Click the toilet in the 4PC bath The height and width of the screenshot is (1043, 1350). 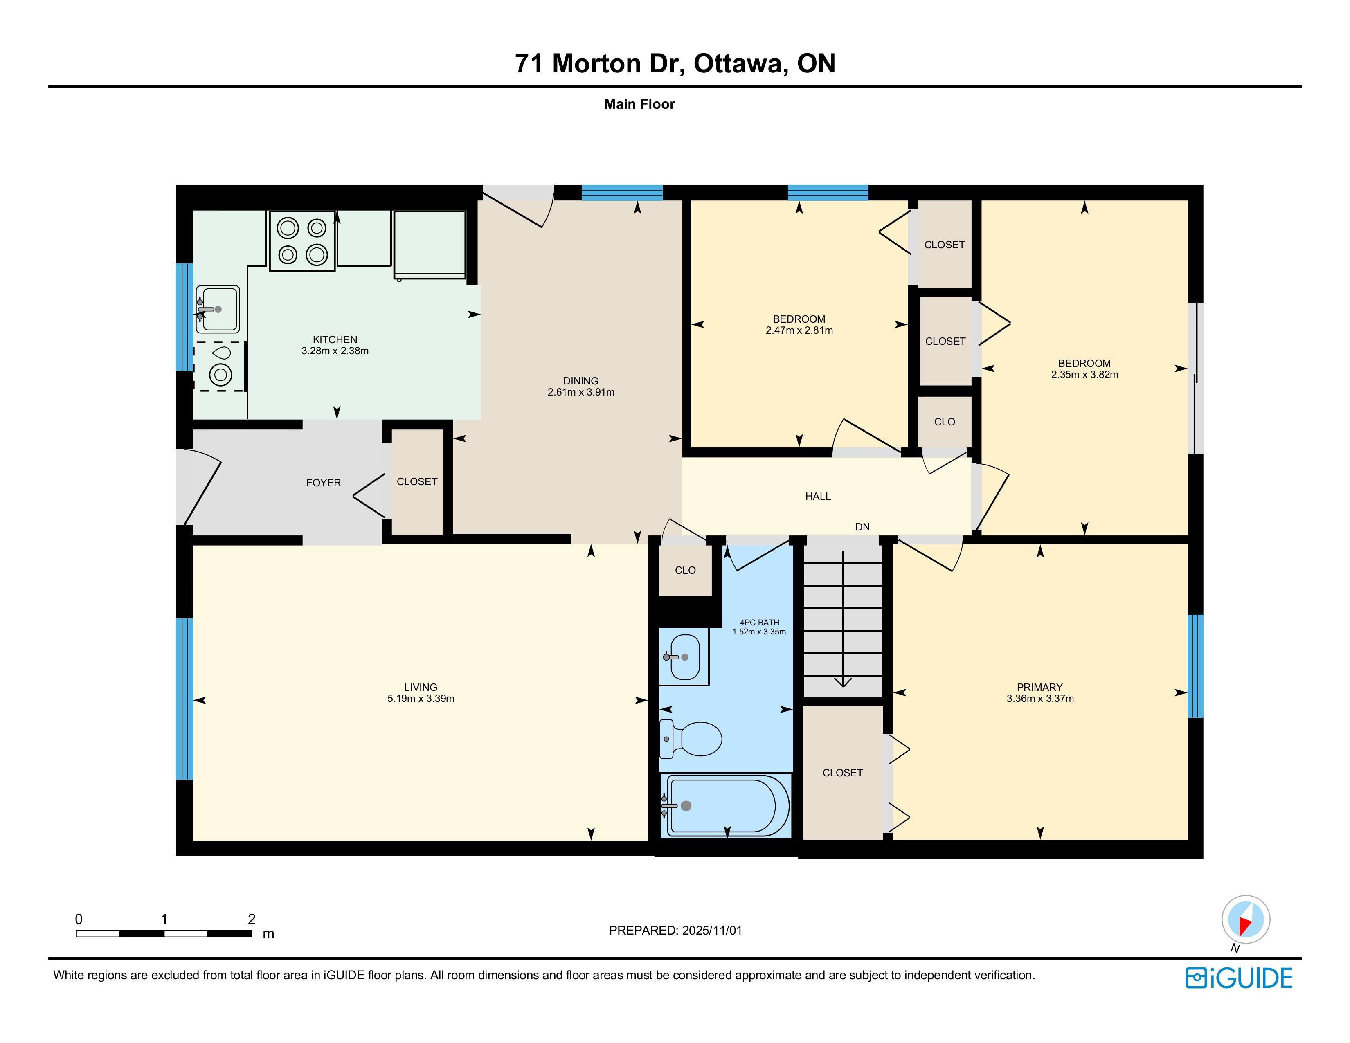(x=691, y=738)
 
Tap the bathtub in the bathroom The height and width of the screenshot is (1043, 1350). (x=726, y=805)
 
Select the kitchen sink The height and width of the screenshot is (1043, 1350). (x=218, y=309)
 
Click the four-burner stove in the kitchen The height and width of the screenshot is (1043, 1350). (x=302, y=241)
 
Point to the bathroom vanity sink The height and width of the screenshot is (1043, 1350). (x=683, y=656)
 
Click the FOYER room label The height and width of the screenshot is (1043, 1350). (x=323, y=483)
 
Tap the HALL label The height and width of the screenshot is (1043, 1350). (x=818, y=496)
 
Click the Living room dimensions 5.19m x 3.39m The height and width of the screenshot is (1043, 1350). (x=421, y=699)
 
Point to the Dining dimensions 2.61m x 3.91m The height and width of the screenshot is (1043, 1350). (x=581, y=392)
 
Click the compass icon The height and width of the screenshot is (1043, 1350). (x=1246, y=919)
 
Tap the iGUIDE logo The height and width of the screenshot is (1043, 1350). (x=1239, y=978)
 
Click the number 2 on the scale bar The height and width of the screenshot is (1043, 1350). (x=252, y=919)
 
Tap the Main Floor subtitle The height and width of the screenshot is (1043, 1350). (x=639, y=104)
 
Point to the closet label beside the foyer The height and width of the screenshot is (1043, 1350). (x=417, y=481)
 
